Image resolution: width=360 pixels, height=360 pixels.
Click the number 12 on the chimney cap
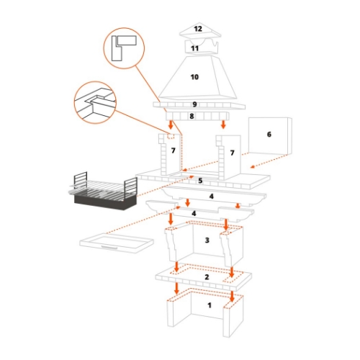coord(198,29)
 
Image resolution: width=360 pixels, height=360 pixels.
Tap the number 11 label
coord(194,48)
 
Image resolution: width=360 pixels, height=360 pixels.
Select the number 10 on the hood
coord(194,76)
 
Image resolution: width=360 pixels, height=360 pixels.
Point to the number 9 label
coord(194,105)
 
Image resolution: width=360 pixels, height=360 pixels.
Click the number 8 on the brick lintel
coord(192,115)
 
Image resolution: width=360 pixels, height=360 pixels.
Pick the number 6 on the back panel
coord(269,134)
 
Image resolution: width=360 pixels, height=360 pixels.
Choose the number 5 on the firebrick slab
coord(200,180)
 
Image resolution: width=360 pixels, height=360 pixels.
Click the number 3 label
coord(206,240)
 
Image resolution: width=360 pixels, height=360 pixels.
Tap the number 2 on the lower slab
coord(207,276)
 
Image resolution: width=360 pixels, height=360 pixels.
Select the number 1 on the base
coord(210,305)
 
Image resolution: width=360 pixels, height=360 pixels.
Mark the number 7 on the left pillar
coord(173,151)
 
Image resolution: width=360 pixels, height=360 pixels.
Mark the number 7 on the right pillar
coord(231,153)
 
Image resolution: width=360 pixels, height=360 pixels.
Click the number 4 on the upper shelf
coord(211,196)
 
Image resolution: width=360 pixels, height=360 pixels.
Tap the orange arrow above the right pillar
coord(225,125)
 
